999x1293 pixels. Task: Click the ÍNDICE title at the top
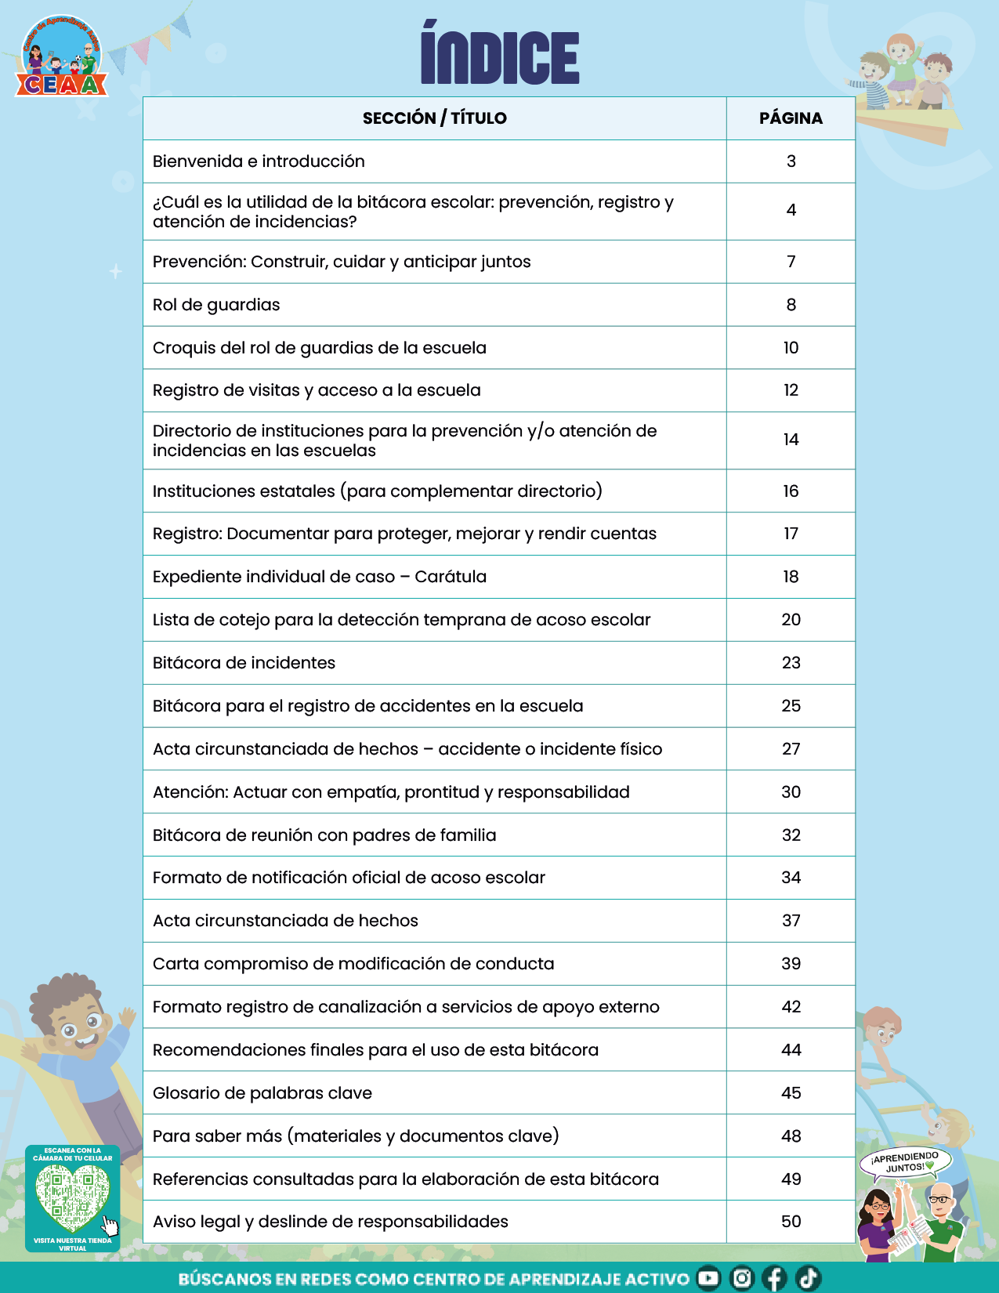[x=500, y=55]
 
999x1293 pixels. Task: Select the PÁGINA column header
[x=791, y=118]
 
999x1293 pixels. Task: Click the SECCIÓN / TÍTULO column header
[x=434, y=118]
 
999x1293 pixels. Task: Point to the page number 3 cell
[x=791, y=161]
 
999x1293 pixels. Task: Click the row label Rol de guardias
[x=216, y=305]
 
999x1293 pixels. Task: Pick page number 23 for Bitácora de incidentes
[x=791, y=663]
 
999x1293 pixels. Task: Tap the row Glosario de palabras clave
[x=262, y=1093]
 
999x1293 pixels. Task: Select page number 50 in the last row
[x=791, y=1222]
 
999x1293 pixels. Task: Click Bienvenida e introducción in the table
[x=259, y=161]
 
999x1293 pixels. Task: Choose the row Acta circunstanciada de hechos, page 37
[x=285, y=921]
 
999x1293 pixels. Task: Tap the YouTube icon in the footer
[x=708, y=1278]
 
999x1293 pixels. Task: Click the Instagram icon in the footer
[x=741, y=1278]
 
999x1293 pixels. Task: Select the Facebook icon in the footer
[x=774, y=1278]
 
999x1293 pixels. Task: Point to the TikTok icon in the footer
[x=808, y=1278]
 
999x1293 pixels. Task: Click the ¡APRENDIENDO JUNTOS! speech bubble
[x=905, y=1161]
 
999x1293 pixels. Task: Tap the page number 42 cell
[x=791, y=1007]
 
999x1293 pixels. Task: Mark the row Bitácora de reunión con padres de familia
[x=324, y=835]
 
